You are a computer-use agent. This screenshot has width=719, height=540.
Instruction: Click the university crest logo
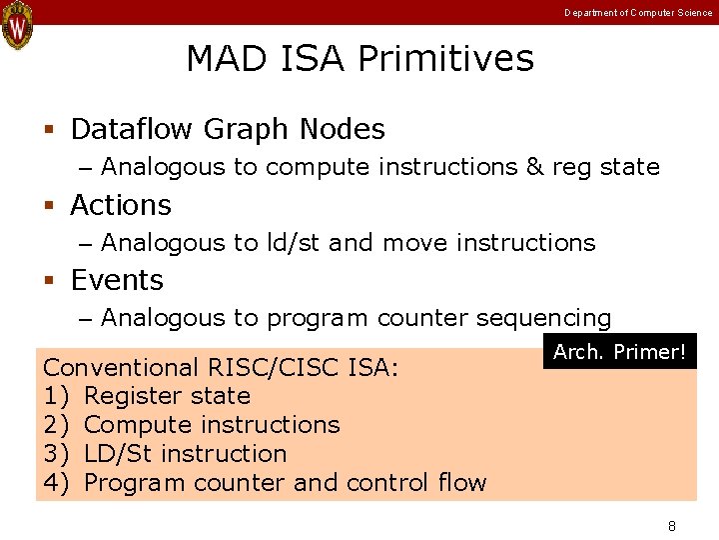click(x=17, y=25)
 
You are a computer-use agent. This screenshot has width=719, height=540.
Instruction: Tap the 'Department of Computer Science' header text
click(x=638, y=13)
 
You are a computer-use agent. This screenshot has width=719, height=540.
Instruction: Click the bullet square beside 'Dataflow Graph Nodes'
click(x=48, y=130)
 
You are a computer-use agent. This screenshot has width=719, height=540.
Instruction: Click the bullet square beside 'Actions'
click(x=48, y=206)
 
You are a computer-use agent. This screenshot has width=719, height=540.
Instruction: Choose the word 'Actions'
click(x=121, y=206)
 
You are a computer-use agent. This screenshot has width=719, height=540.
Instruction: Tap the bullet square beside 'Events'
click(x=48, y=281)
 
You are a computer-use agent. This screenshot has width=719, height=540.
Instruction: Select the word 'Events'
click(x=117, y=281)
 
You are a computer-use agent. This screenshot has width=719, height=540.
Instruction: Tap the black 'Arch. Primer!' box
click(x=619, y=352)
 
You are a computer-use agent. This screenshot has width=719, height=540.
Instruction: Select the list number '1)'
click(x=57, y=396)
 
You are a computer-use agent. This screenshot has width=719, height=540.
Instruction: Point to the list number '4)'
click(x=57, y=483)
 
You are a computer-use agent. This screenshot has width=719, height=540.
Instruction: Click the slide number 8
click(x=672, y=526)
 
